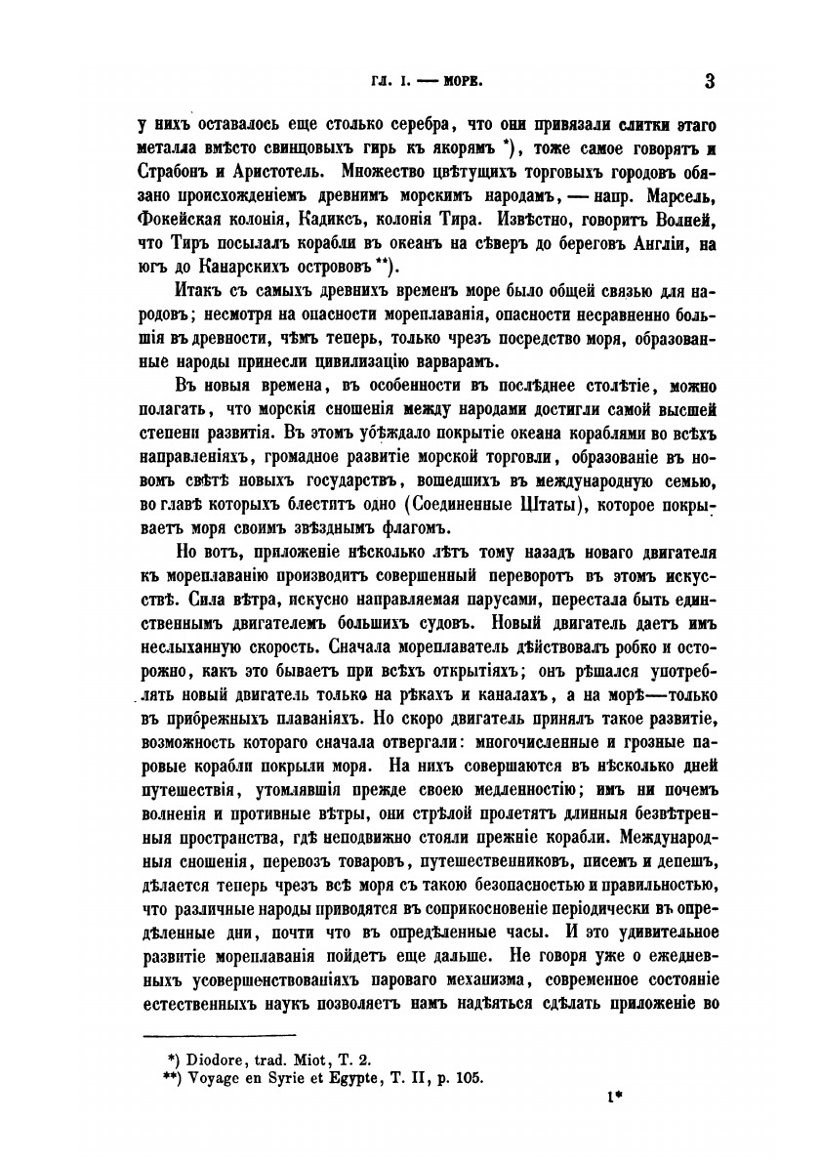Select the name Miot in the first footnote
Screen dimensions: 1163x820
(315, 1057)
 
